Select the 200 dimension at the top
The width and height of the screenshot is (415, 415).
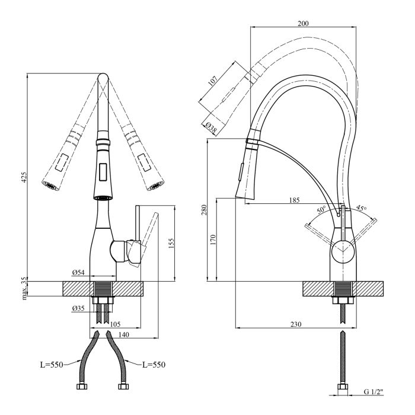(x=303, y=23)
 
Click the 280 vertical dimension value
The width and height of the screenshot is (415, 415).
(x=203, y=210)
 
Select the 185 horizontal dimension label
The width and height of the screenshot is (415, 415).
(x=294, y=200)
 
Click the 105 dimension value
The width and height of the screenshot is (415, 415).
(x=115, y=324)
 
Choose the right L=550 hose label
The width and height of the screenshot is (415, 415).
(x=152, y=364)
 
